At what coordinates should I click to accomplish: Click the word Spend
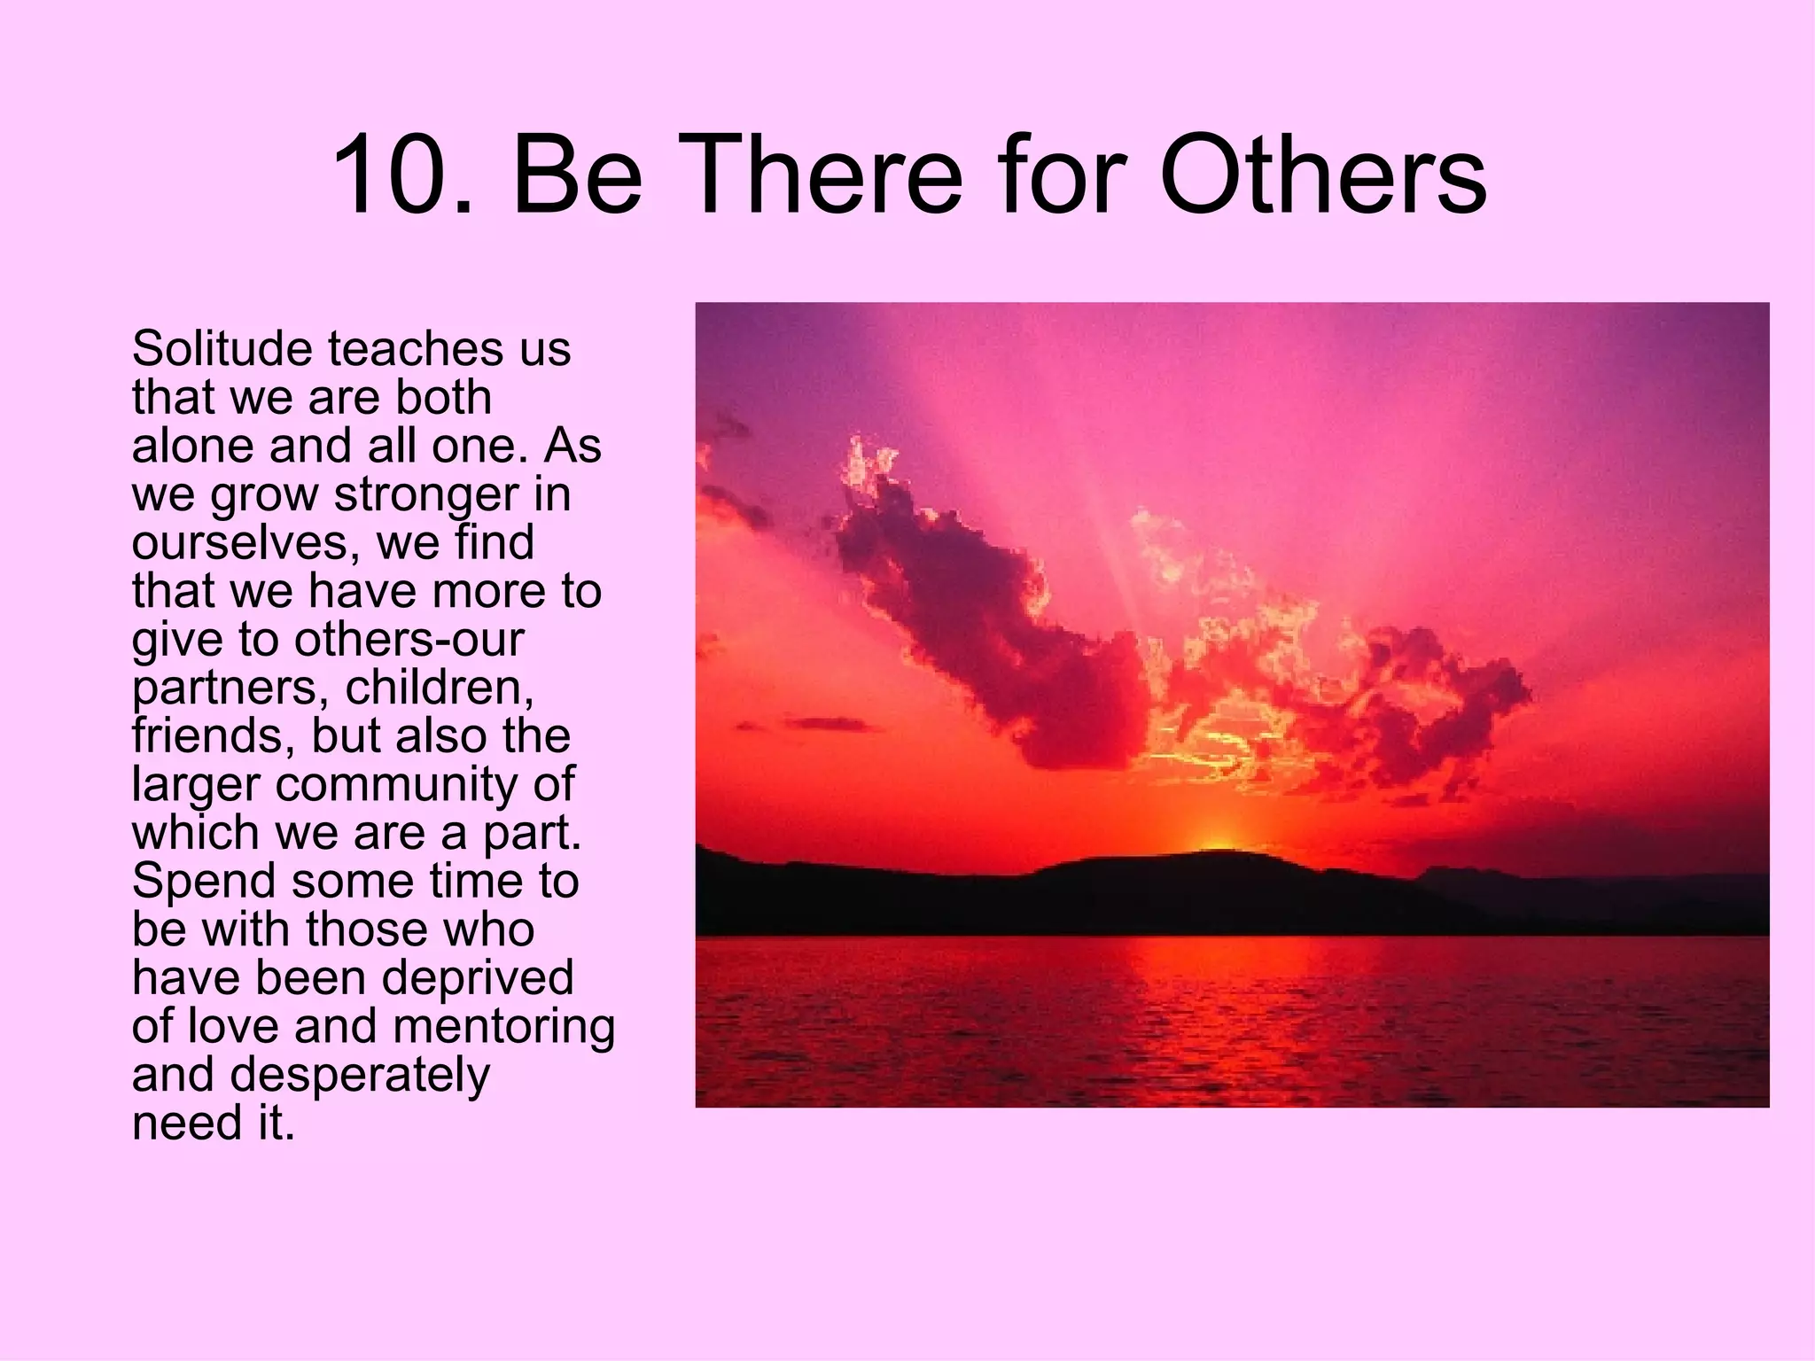[204, 882]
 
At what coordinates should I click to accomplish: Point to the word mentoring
[503, 1027]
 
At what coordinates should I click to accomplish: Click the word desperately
[360, 1076]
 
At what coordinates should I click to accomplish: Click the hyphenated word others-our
[409, 639]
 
